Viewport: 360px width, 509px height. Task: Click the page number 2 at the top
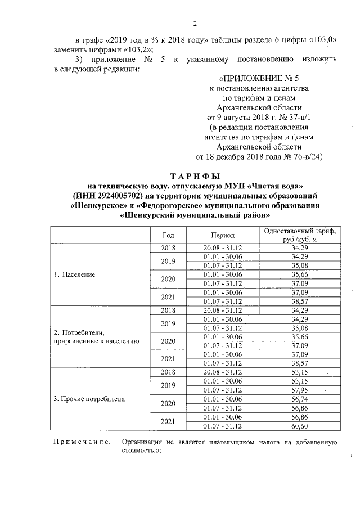(195, 23)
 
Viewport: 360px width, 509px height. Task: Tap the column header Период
(223, 235)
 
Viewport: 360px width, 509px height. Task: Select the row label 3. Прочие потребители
(89, 399)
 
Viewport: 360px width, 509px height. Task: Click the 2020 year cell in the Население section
(169, 279)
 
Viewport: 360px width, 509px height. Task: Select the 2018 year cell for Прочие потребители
(169, 372)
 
